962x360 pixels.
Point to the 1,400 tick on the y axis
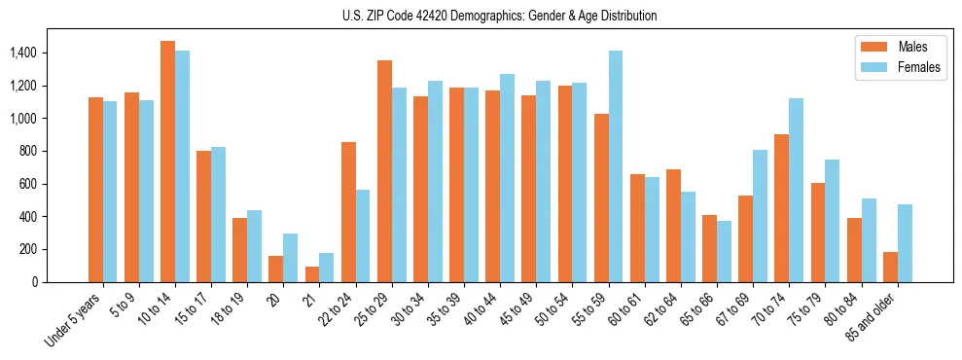pos(23,53)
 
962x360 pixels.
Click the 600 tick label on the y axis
pos(27,184)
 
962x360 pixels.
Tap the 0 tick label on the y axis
pos(34,282)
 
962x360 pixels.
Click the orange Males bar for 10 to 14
pos(167,162)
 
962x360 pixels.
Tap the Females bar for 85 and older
pos(905,243)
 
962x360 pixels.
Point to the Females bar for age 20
pos(291,258)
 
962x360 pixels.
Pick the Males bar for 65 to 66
pos(710,248)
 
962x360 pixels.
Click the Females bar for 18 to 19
pos(255,246)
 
